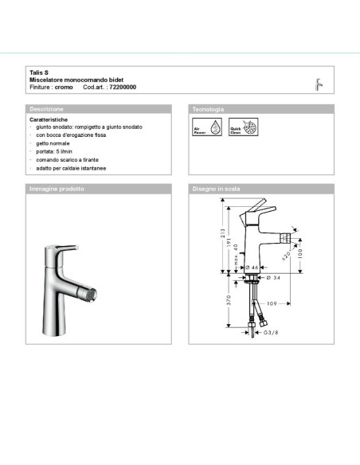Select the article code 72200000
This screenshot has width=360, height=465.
click(122, 86)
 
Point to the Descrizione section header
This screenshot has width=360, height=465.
click(45, 108)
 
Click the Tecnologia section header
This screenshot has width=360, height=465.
click(208, 108)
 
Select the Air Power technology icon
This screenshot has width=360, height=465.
click(201, 127)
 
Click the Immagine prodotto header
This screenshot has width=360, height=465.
click(57, 190)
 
